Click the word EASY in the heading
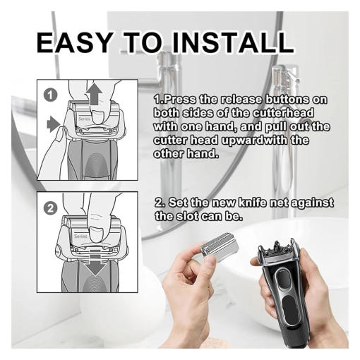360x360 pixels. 73,42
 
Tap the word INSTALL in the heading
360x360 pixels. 233,42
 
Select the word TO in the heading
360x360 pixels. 143,42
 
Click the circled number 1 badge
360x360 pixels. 51,95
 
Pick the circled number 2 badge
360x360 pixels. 50,208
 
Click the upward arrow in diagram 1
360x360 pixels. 94,93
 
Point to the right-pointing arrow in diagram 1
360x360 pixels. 54,124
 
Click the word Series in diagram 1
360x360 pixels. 84,119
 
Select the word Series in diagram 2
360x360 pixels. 80,236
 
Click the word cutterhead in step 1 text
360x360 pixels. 283,113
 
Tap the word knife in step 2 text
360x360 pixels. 252,203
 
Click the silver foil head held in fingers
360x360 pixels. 219,248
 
